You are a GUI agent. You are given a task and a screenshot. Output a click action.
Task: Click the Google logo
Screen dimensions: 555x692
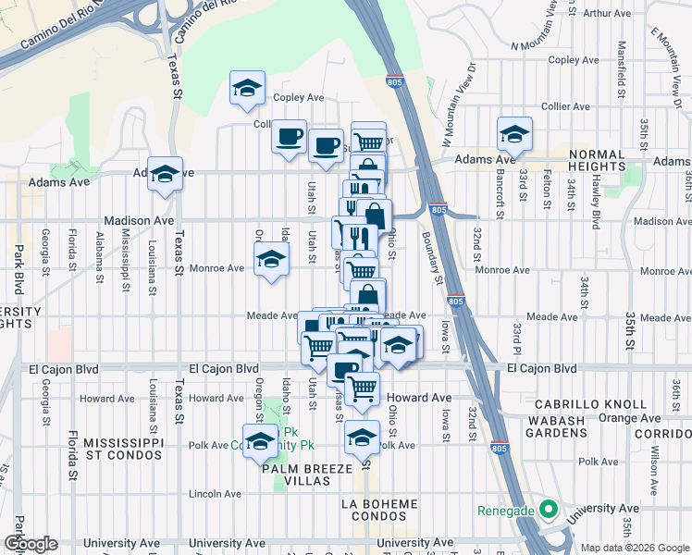[x=31, y=545]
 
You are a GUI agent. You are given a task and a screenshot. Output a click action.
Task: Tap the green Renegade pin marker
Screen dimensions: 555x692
[x=548, y=510]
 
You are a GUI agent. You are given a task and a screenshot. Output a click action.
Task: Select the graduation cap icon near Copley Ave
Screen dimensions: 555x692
[x=247, y=89]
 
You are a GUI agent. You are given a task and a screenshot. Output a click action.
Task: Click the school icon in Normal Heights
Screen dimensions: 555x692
[x=513, y=135]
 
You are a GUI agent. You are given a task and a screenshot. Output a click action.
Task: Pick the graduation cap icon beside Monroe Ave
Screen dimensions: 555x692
[x=271, y=261]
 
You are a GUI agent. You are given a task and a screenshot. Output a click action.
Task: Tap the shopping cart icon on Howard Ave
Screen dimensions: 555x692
[x=362, y=388]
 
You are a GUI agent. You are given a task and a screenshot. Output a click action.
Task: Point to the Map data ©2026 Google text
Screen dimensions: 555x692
[x=635, y=548]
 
